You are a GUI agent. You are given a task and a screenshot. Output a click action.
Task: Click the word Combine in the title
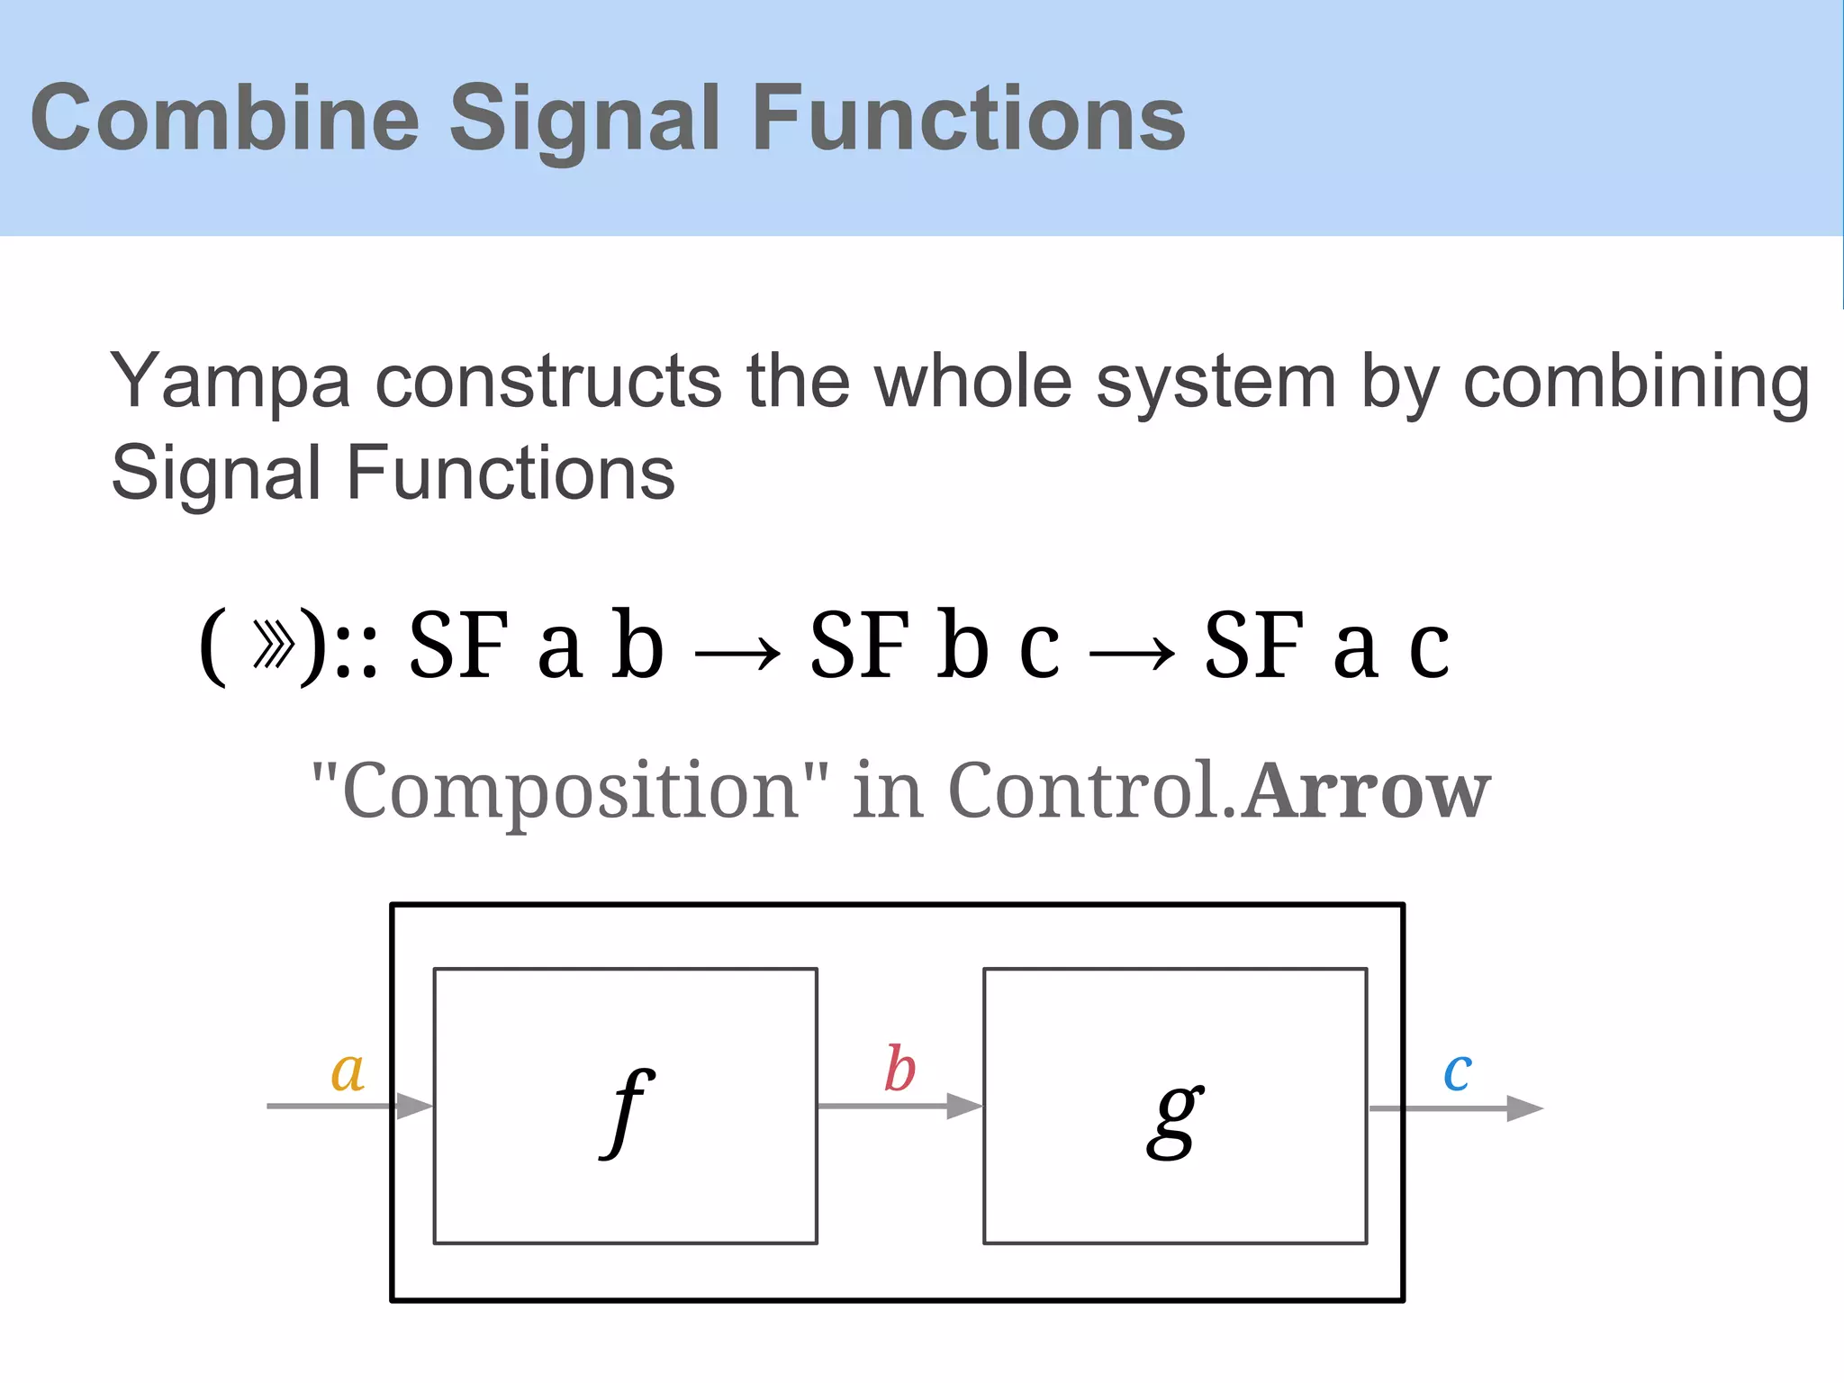point(225,118)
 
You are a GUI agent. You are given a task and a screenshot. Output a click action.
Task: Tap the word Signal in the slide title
point(584,118)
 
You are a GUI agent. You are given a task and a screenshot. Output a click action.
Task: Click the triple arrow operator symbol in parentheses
point(273,645)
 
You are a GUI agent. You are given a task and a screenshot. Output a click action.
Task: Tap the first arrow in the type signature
point(737,653)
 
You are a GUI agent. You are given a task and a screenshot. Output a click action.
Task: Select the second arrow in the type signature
point(1132,653)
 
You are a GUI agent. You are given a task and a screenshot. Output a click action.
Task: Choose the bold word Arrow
point(1366,791)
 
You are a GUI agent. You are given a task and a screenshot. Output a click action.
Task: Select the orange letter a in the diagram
point(348,1071)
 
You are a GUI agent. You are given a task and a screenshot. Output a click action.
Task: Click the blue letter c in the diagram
point(1458,1071)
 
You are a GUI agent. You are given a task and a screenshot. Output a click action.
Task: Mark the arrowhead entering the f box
point(415,1106)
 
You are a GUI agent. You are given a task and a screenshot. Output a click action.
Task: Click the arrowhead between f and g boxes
point(964,1106)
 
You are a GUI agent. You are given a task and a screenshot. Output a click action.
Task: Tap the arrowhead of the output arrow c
point(1524,1108)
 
